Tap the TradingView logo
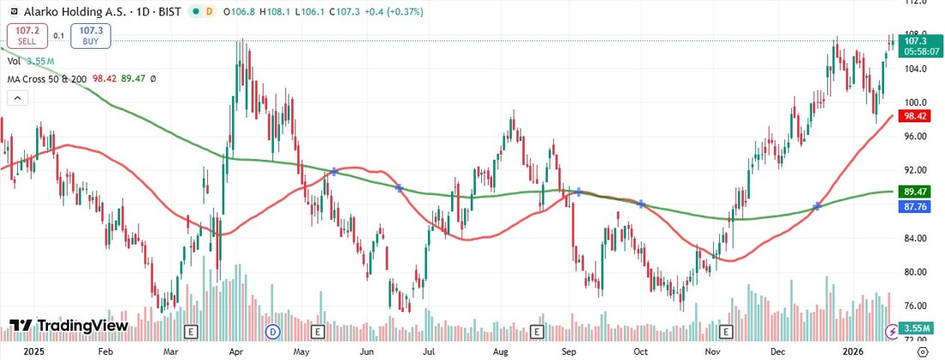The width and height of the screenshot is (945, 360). point(69,326)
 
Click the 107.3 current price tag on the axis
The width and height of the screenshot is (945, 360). point(914,40)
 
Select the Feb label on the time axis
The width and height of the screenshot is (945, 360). point(106,351)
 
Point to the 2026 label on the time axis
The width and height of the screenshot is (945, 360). point(851,351)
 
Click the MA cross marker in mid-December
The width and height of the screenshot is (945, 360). point(817,206)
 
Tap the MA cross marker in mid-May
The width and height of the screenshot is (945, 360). point(333,173)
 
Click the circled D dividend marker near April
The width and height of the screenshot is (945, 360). point(273,331)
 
